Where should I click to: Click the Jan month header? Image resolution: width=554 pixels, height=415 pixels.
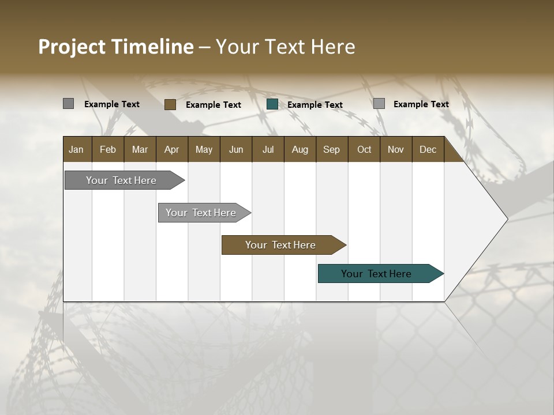click(77, 149)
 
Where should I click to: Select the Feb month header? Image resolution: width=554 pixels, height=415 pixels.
click(108, 149)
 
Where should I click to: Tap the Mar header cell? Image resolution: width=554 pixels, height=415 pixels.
click(140, 149)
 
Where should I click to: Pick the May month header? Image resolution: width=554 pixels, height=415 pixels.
click(204, 149)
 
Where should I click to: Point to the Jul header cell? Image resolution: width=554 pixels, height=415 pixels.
click(268, 149)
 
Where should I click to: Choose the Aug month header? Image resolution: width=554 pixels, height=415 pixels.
click(300, 149)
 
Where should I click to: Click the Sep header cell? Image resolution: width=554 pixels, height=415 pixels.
click(331, 149)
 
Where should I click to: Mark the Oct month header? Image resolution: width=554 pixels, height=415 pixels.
click(364, 149)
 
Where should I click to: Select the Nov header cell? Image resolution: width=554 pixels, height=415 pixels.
click(395, 149)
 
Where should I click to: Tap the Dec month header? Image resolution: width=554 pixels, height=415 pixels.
click(428, 149)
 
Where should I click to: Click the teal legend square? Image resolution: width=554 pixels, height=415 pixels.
click(272, 104)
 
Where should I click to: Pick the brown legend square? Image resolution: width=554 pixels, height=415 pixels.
click(170, 104)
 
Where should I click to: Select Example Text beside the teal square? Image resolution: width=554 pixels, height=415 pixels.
click(315, 105)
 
